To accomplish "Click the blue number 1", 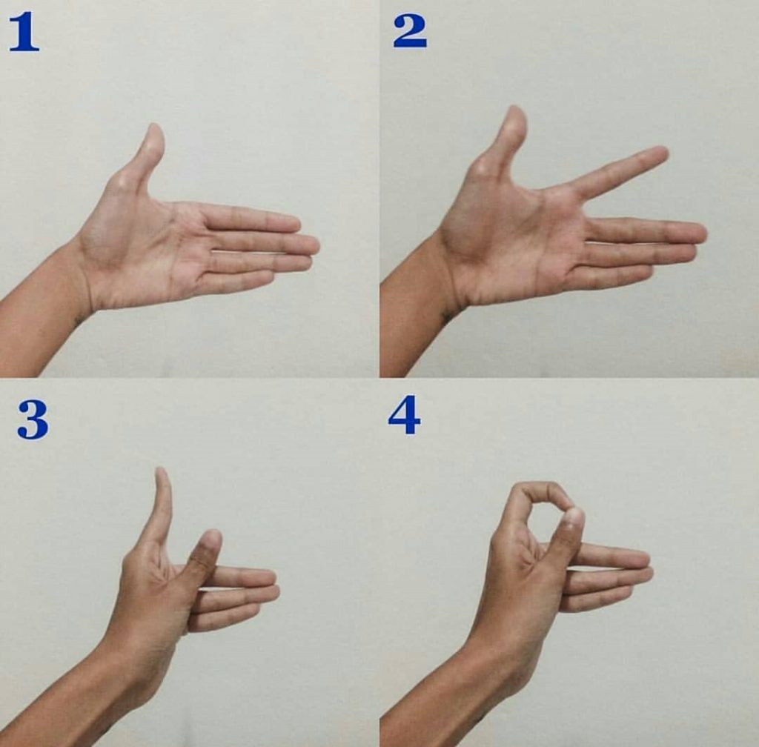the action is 24,32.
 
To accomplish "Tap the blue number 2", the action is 409,31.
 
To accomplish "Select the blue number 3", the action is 33,420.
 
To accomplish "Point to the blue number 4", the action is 404,415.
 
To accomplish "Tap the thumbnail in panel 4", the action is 574,517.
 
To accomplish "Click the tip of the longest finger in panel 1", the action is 314,246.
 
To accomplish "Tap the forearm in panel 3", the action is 73,697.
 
